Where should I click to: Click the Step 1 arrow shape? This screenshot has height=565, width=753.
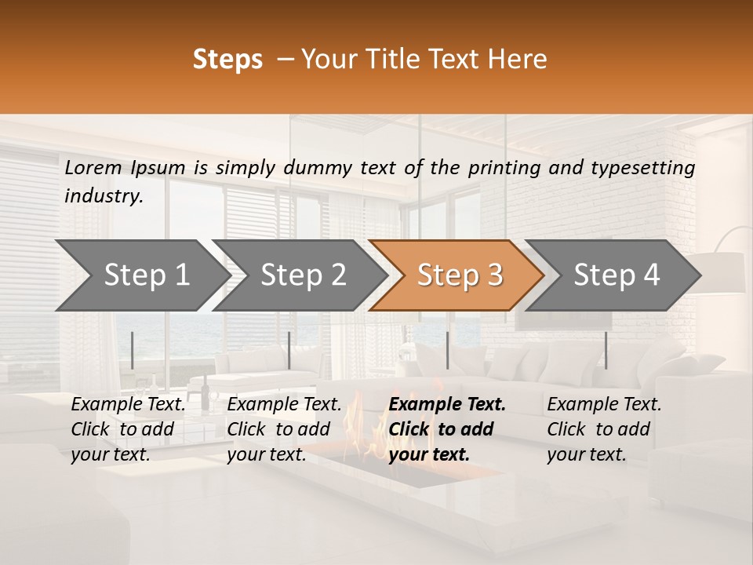[146, 275]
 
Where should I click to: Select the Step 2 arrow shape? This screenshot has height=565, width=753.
[303, 275]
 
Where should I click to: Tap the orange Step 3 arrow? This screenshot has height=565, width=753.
[460, 275]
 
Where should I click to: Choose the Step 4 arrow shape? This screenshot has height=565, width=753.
[617, 275]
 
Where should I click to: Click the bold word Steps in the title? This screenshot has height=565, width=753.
[227, 60]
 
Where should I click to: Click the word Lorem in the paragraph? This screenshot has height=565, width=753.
[93, 167]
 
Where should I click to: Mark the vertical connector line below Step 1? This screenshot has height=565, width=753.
[133, 350]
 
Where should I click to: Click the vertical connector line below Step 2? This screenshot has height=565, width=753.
[289, 350]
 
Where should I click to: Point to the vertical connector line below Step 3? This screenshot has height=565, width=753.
[448, 350]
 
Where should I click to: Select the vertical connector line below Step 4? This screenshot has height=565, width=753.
[606, 350]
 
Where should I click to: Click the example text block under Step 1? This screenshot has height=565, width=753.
[129, 429]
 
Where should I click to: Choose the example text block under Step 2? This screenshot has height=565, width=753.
[284, 429]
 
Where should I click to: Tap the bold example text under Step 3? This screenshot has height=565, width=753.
[447, 429]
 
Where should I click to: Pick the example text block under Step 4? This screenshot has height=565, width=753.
[604, 429]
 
